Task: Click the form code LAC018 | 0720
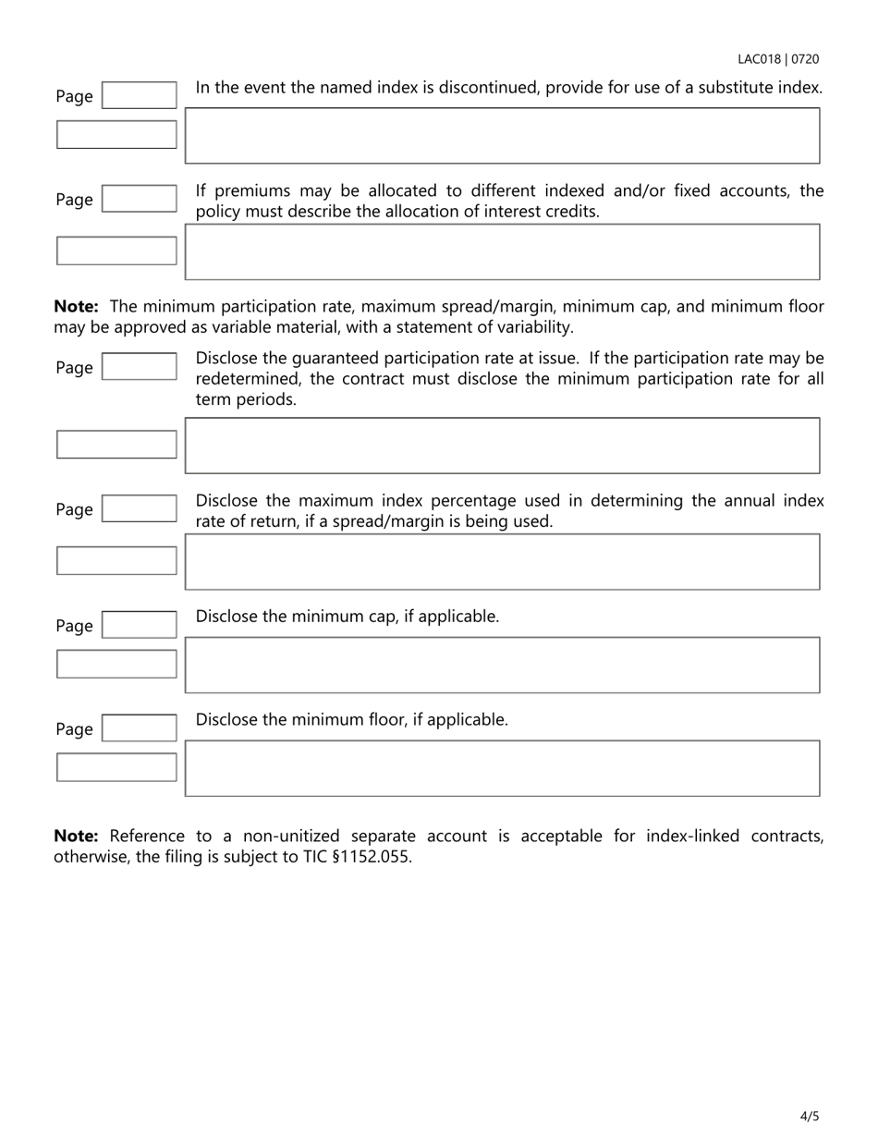[x=777, y=59]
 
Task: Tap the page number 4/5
[x=809, y=1116]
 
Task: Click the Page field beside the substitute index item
[x=139, y=95]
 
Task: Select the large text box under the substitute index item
[x=502, y=136]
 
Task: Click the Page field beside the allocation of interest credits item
[x=139, y=199]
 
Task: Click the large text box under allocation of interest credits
[x=502, y=251]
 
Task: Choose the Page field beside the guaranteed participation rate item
[x=139, y=367]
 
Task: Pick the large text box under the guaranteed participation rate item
[x=502, y=446]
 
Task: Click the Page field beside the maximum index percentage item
[x=139, y=508]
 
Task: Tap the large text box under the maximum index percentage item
[x=502, y=561]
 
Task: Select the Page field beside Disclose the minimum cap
[x=139, y=625]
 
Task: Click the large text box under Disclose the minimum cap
[x=502, y=665]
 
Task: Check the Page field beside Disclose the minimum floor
[x=139, y=728]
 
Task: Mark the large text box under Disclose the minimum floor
[x=502, y=768]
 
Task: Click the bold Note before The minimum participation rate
[x=76, y=307]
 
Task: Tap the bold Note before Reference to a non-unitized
[x=76, y=836]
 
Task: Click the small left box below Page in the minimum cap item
[x=116, y=664]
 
